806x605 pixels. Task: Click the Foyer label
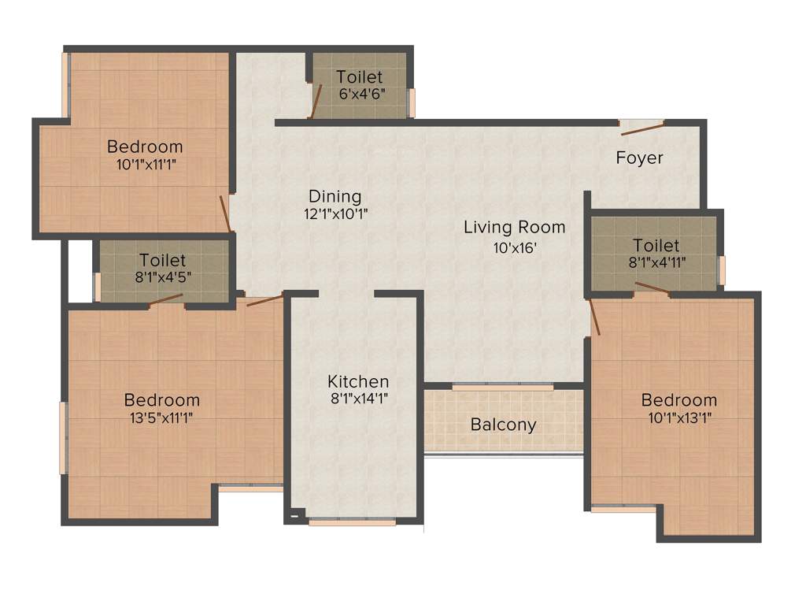(639, 158)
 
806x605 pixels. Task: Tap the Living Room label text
(514, 228)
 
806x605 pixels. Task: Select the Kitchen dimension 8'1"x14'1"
(358, 399)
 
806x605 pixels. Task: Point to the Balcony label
(503, 425)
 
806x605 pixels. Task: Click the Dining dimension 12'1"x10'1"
(335, 213)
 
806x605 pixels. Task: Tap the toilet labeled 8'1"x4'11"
(655, 254)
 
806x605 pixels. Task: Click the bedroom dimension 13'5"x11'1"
(161, 418)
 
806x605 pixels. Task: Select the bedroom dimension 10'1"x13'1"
(678, 418)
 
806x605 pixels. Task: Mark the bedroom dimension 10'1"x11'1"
(145, 165)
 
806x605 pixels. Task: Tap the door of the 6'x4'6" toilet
(316, 102)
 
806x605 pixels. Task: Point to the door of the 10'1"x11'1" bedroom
(225, 213)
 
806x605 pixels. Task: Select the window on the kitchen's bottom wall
(352, 521)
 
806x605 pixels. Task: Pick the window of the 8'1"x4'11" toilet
(722, 269)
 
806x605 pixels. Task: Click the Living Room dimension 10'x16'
(514, 247)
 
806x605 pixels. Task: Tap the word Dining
(335, 196)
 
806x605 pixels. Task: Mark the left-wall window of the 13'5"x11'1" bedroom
(63, 438)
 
